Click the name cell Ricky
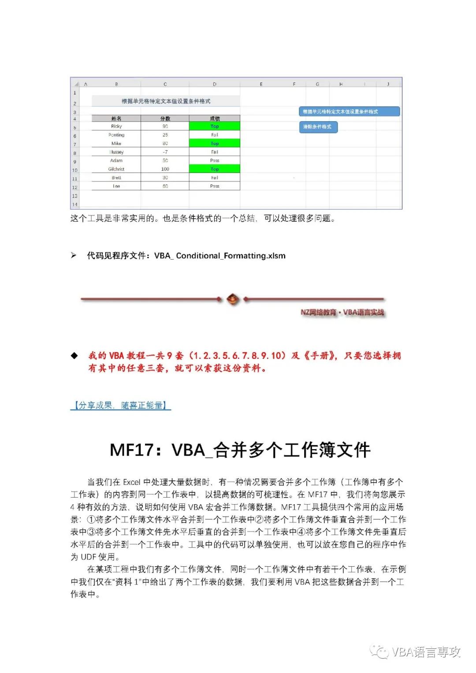coord(116,126)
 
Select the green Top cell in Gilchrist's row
coord(215,169)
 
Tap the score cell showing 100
coord(165,169)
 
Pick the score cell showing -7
coord(165,152)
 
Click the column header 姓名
coord(116,119)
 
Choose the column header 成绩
coord(215,119)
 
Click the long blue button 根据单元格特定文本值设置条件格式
coord(349,112)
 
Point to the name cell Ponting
coord(116,135)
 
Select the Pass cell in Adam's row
coord(215,160)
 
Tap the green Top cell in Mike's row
coord(215,143)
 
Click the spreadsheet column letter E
coord(261,84)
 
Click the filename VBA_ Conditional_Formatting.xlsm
coord(219,256)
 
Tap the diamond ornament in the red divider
coord(233,299)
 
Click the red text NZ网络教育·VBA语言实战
coord(342,312)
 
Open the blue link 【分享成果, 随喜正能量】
coord(120,405)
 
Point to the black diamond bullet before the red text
coord(74,356)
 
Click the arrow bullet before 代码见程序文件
coord(74,256)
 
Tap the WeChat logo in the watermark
coord(379,651)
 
